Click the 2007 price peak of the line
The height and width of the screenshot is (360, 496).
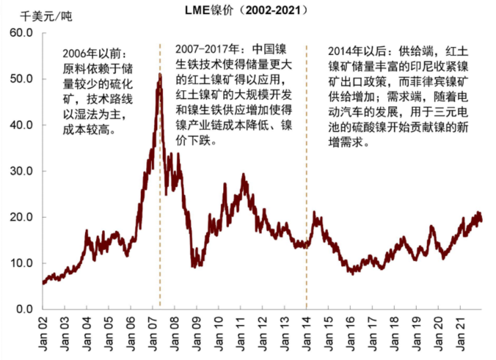click(x=160, y=75)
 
